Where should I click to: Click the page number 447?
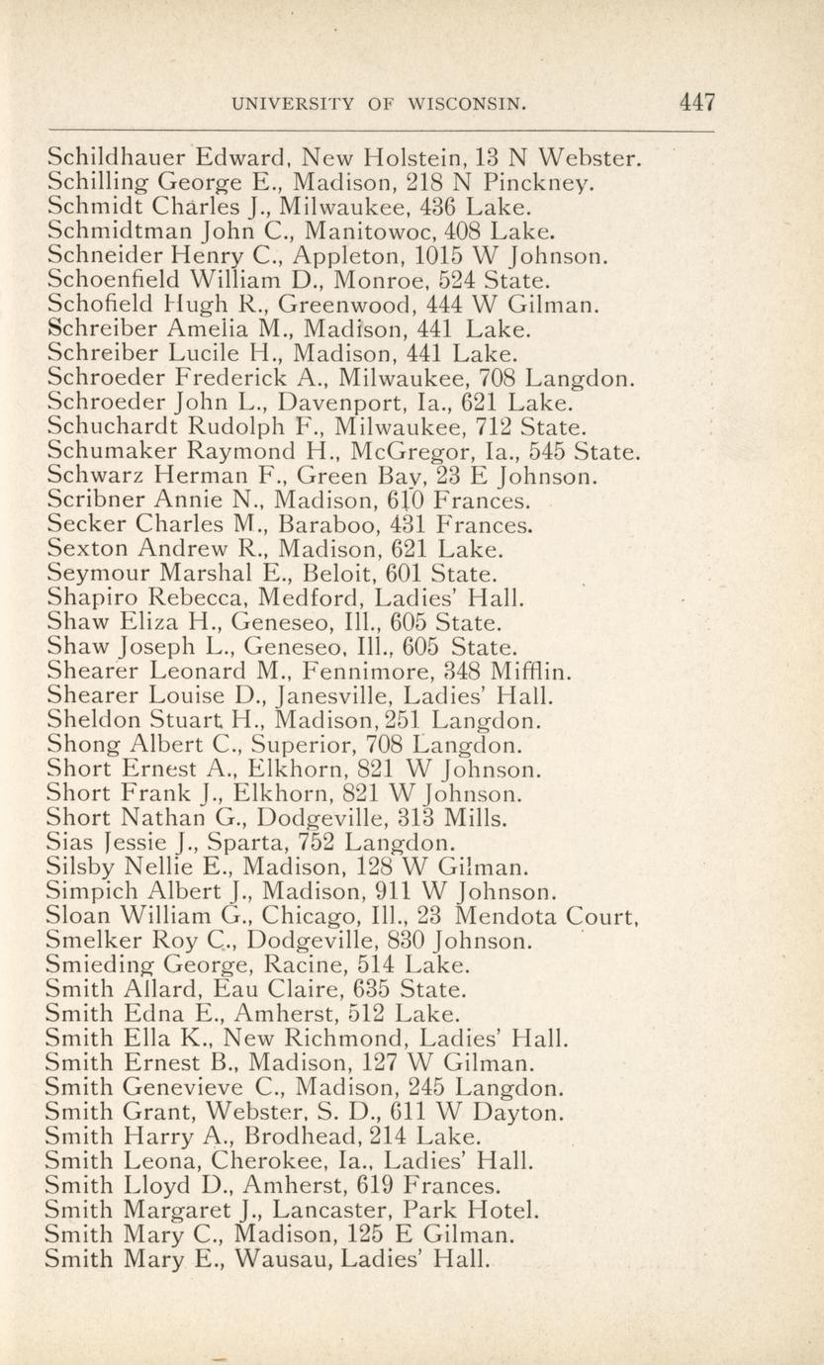click(696, 102)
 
